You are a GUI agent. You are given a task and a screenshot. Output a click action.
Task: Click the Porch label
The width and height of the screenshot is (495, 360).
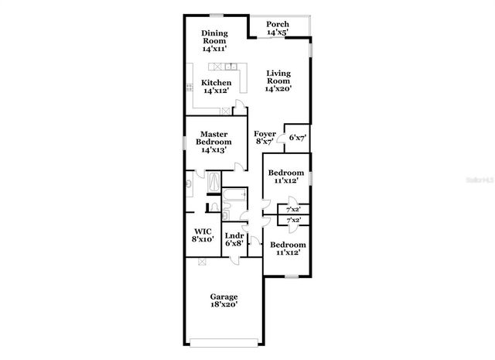[x=278, y=29]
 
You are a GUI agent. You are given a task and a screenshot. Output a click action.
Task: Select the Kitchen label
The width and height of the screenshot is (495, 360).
[x=217, y=87]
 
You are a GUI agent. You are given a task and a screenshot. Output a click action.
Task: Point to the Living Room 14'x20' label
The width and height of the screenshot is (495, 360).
[x=278, y=81]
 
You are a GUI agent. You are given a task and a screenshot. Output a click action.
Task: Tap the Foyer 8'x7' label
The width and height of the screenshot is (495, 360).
[x=265, y=138]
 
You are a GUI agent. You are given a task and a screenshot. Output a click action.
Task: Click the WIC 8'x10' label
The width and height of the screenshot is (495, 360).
[x=203, y=235]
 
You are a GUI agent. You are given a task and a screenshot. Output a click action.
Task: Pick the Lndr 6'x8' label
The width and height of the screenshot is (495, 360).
[x=234, y=239]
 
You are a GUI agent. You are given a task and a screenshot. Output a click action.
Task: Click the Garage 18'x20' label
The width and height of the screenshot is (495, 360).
[x=224, y=300]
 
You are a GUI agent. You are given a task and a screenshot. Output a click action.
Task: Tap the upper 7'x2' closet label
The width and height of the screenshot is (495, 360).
[x=294, y=210]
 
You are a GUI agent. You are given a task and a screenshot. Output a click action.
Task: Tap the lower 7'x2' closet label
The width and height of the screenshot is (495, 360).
[x=294, y=221]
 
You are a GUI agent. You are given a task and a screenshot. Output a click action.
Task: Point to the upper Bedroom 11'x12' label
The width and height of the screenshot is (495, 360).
[x=287, y=176]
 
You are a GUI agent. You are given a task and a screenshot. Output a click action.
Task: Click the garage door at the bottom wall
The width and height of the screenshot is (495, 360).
[x=224, y=341]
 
